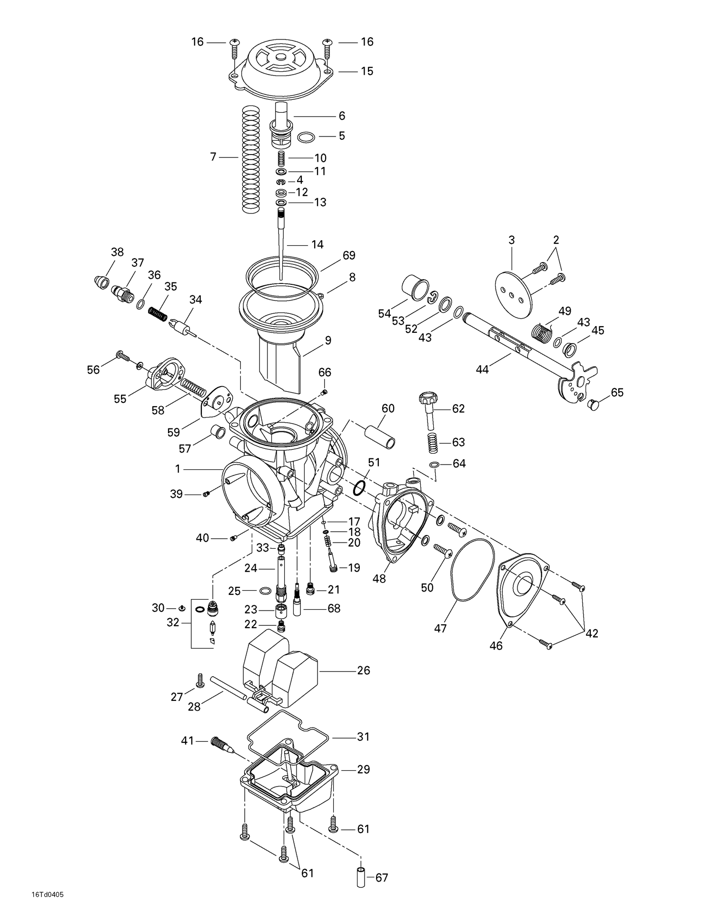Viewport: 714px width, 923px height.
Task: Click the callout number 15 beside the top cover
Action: pyautogui.click(x=367, y=71)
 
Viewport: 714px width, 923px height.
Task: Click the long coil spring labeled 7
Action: pyautogui.click(x=251, y=159)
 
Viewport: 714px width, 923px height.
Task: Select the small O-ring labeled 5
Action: pyautogui.click(x=306, y=138)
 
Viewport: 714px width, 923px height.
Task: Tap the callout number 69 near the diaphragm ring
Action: pyautogui.click(x=349, y=255)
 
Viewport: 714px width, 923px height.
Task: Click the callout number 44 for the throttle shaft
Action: pyautogui.click(x=482, y=369)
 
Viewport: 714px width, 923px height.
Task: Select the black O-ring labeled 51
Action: pyautogui.click(x=360, y=487)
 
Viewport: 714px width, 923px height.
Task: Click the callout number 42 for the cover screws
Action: pyautogui.click(x=592, y=633)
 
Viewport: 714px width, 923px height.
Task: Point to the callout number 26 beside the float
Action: pyautogui.click(x=363, y=670)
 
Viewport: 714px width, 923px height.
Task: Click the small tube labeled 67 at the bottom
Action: pyautogui.click(x=361, y=878)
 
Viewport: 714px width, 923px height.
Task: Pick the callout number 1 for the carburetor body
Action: pyautogui.click(x=178, y=469)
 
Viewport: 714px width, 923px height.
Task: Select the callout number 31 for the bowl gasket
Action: pyautogui.click(x=363, y=737)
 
